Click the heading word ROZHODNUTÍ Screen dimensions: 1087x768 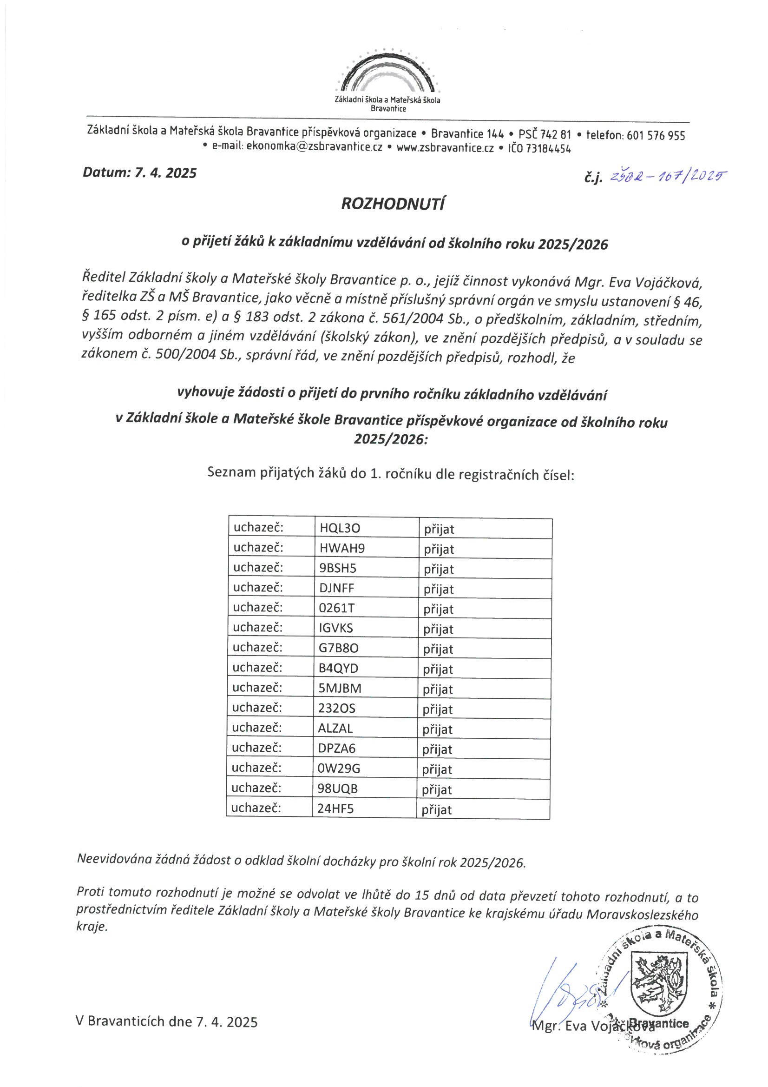tap(393, 204)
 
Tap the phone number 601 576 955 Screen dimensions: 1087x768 tap(656, 136)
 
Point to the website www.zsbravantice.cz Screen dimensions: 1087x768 tap(445, 148)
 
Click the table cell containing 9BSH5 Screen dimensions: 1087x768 tap(338, 568)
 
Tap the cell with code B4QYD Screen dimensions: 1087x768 tap(338, 669)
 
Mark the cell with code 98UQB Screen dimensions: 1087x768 tap(337, 788)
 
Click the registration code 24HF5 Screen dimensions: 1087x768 tap(335, 808)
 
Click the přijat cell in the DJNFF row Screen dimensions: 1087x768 tap(439, 590)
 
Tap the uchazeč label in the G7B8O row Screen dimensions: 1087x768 tap(257, 648)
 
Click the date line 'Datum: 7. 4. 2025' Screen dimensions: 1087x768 tap(139, 173)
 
